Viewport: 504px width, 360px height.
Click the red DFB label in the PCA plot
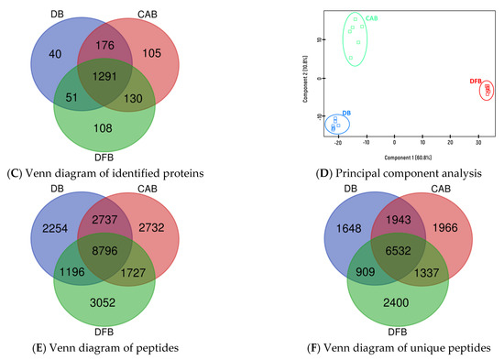pos(476,82)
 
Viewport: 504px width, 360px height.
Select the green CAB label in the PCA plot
pos(371,17)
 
